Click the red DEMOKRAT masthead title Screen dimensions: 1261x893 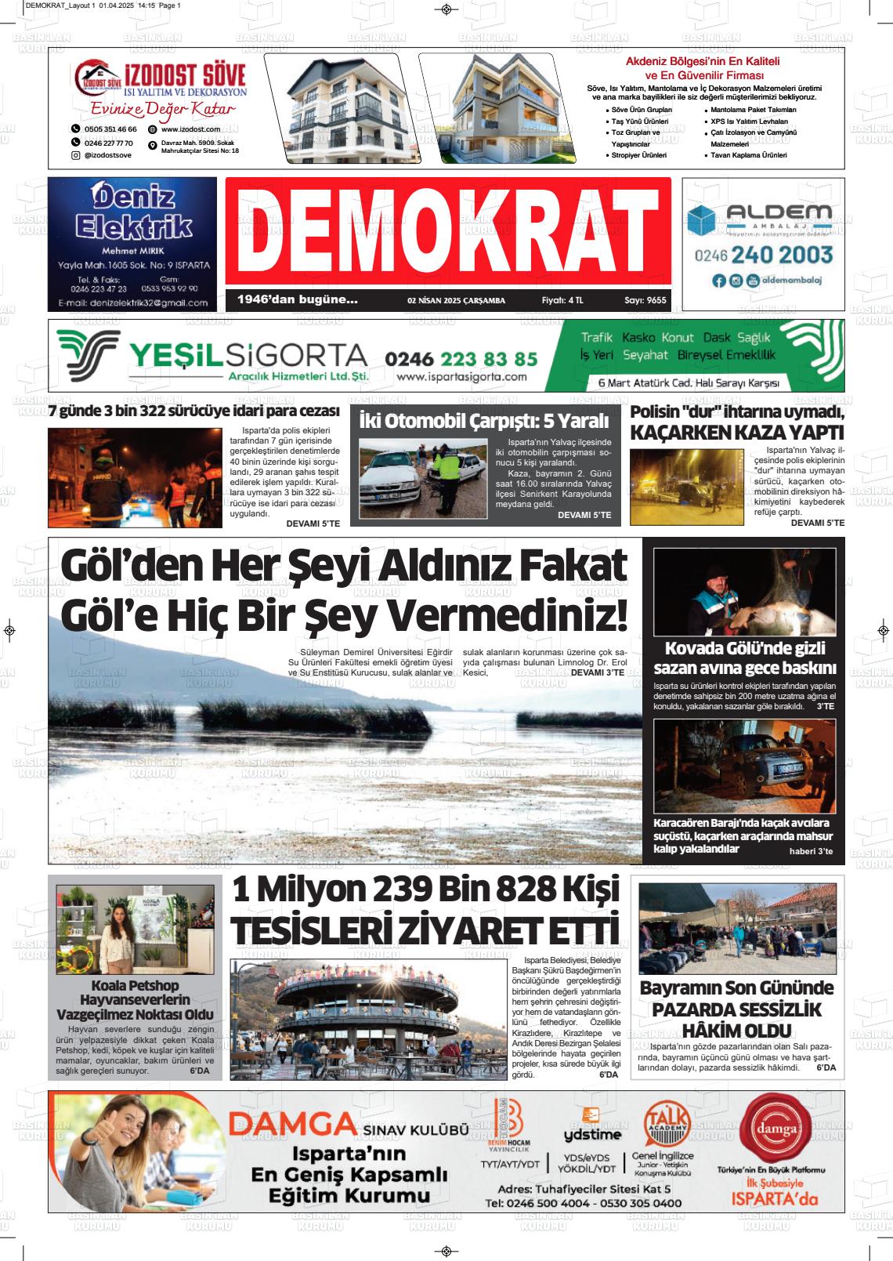coord(447,231)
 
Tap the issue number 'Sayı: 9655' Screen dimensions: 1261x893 coord(645,300)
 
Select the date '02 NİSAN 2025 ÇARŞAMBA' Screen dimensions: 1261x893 coord(456,300)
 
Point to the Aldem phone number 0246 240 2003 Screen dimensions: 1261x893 coord(763,254)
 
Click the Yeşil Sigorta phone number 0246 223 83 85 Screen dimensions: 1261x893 coord(461,359)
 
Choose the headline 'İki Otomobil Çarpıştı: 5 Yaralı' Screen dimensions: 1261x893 coord(483,421)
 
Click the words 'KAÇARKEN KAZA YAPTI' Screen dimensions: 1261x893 coord(737,433)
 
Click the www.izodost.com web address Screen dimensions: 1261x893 coord(190,129)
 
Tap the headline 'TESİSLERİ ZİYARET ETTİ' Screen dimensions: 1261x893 coord(425,930)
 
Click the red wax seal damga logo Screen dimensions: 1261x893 coord(768,1129)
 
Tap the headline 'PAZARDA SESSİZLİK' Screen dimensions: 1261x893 coord(736,1009)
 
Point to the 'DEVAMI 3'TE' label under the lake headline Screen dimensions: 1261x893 coord(598,672)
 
